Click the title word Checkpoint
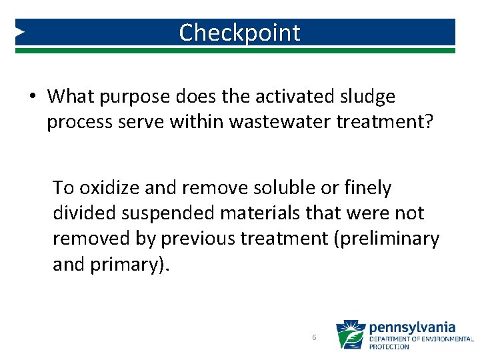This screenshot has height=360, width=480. click(239, 33)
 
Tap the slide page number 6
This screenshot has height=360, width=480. click(314, 338)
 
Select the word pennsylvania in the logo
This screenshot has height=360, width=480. click(412, 327)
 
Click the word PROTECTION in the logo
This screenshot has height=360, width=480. click(389, 347)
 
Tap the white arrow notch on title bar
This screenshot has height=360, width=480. click(20, 31)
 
